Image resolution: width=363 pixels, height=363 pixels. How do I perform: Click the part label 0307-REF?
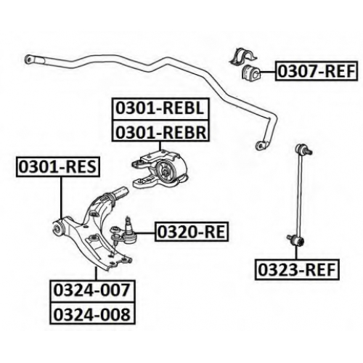pos(317,71)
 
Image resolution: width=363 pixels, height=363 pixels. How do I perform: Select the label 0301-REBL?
pos(160,108)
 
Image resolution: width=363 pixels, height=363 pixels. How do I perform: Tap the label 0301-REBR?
pos(160,131)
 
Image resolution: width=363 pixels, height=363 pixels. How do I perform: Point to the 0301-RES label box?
pos(58,167)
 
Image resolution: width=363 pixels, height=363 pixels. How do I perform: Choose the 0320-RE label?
pos(192,232)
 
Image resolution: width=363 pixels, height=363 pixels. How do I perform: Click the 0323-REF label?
pos(297,269)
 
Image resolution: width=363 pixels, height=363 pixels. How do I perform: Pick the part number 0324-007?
pos(92,290)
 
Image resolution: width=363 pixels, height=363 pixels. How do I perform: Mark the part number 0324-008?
pos(92,313)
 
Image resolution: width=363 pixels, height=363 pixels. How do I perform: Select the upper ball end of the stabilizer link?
pos(303,149)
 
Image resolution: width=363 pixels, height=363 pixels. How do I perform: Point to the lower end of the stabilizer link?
pos(296,240)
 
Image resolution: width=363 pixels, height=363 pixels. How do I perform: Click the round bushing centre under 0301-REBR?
pos(166,173)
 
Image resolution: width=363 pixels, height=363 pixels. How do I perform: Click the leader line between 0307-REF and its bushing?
pos(268,72)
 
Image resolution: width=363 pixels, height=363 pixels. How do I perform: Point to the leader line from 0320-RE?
pos(146,233)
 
